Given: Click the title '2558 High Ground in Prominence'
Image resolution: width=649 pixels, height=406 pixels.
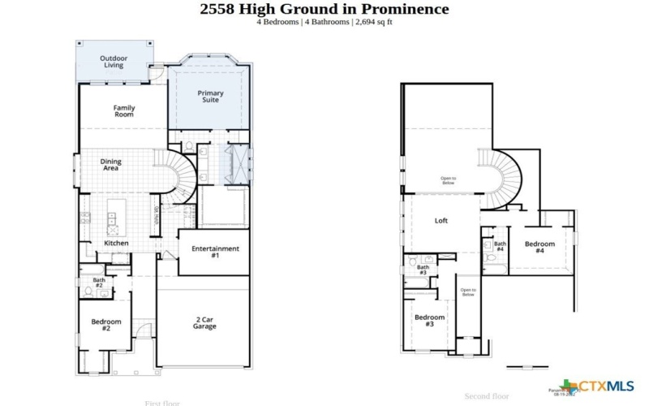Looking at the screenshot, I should pos(324,9).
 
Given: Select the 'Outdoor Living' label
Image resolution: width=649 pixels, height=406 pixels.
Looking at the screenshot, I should pos(114,62).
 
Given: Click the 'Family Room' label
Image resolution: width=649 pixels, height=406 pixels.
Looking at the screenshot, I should pos(124,111).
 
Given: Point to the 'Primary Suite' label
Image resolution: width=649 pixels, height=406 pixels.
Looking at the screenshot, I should pos(211,97).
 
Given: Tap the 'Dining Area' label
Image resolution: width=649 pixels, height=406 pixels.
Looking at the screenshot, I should pos(111,165).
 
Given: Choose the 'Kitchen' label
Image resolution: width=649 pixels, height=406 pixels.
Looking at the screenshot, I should pos(116,243).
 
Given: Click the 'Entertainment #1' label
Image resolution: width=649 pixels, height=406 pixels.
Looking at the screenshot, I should pos(215,252).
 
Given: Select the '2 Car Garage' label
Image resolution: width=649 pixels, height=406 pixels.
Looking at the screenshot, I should pos(204,322).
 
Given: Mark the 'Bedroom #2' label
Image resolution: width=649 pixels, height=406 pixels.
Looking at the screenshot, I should pos(105,325).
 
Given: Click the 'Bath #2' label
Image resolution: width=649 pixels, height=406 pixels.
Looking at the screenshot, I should pos(99,283).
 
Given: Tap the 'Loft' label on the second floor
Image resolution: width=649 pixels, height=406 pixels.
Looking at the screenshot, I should pos(441,221).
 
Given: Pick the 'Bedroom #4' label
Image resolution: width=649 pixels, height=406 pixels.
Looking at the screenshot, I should pos(539,248).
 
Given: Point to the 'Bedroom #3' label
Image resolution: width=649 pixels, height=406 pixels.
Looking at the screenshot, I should pos(429,320).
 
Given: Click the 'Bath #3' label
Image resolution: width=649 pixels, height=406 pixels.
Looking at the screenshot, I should pos(423,270).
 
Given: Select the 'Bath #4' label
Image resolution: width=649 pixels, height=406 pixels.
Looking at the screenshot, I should pos(501,246).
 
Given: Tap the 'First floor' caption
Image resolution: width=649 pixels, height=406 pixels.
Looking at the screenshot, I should pos(163,403).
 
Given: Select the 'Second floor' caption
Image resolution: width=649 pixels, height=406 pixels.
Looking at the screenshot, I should pos(487,396).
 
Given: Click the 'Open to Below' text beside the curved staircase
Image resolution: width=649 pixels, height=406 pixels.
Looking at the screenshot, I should pos(448,180).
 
